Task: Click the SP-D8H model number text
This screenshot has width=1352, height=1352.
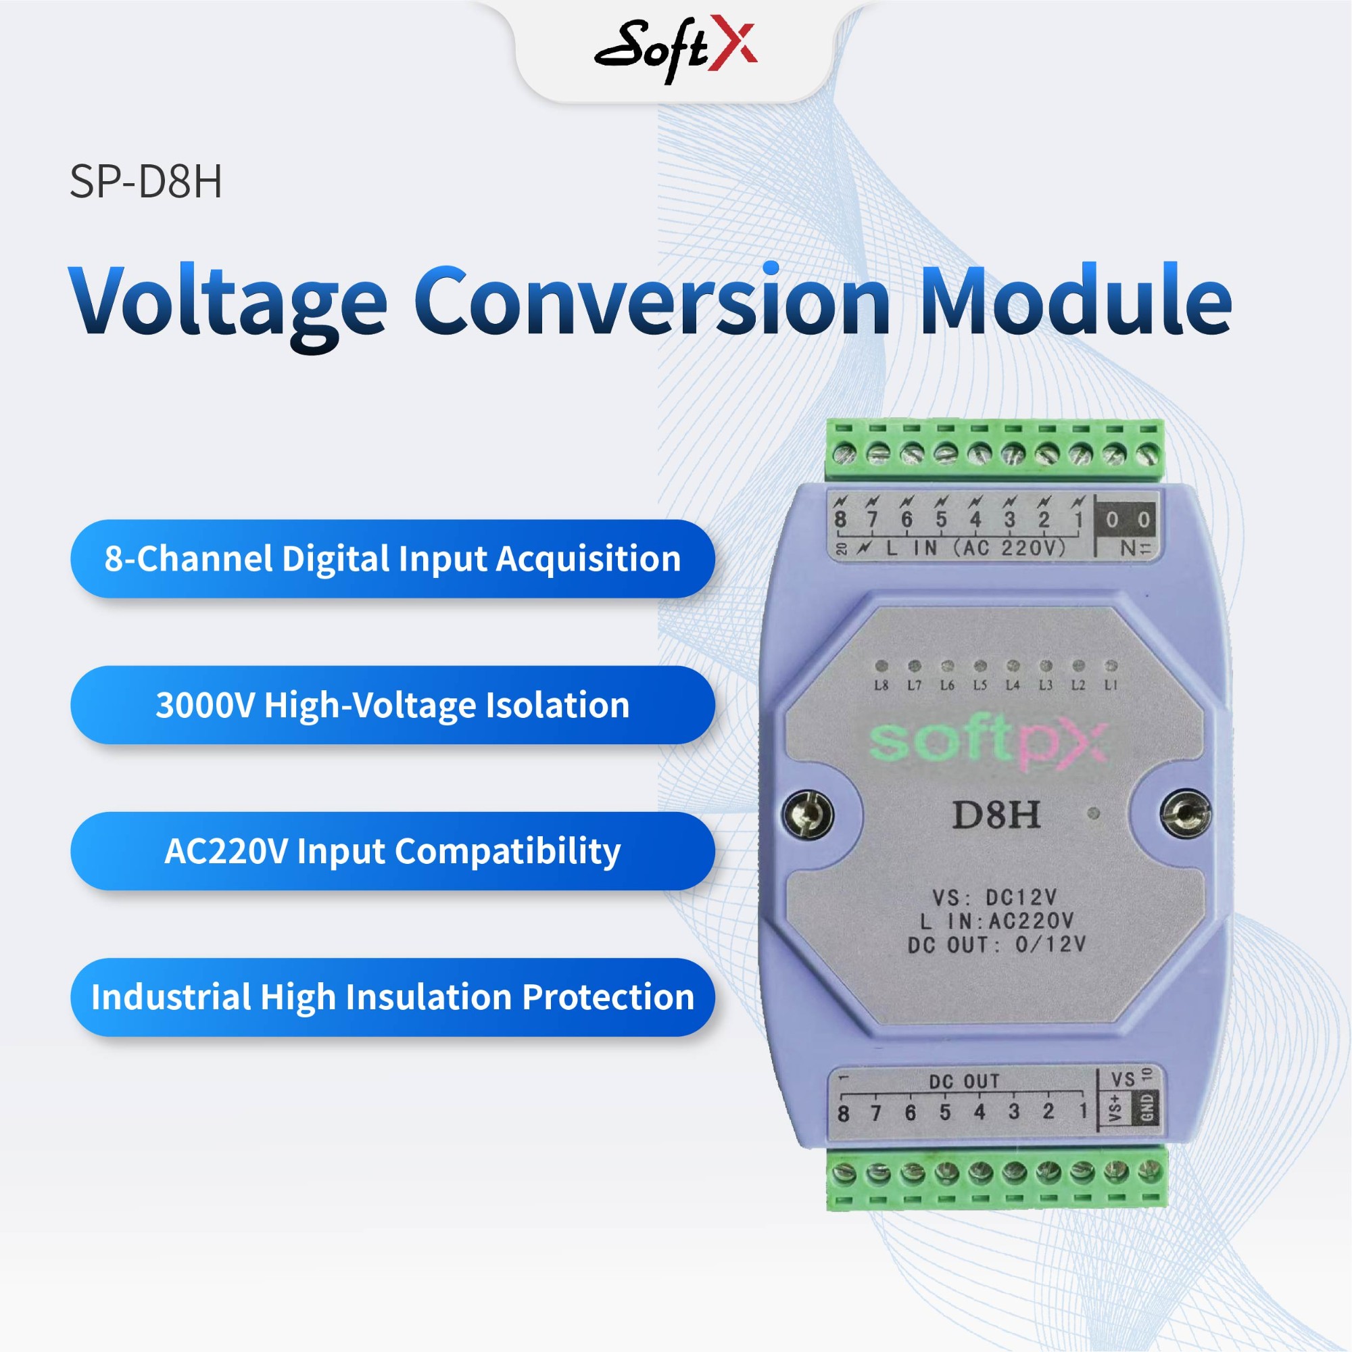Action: pos(145,182)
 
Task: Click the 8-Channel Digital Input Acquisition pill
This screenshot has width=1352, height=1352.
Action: pos(393,558)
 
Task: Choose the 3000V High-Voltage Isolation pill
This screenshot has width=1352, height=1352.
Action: pos(393,704)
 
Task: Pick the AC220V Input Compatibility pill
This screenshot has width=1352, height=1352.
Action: pos(393,851)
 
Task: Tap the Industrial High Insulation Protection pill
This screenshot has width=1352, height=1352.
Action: pos(393,997)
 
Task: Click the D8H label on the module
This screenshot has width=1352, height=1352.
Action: pos(995,815)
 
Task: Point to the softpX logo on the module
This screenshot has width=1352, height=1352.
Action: pos(988,741)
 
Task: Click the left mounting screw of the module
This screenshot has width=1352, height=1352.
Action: pos(808,814)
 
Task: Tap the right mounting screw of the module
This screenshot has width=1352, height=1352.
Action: pos(1185,813)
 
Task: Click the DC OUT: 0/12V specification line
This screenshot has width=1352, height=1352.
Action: pos(996,946)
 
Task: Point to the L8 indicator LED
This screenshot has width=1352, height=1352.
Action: pos(882,665)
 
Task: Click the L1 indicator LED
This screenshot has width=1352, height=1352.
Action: pos(1111,665)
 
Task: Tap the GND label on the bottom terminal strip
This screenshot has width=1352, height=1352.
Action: pos(1148,1108)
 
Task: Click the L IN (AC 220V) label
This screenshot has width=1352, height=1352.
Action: pos(975,548)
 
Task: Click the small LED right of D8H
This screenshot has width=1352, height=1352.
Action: pos(1095,813)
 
